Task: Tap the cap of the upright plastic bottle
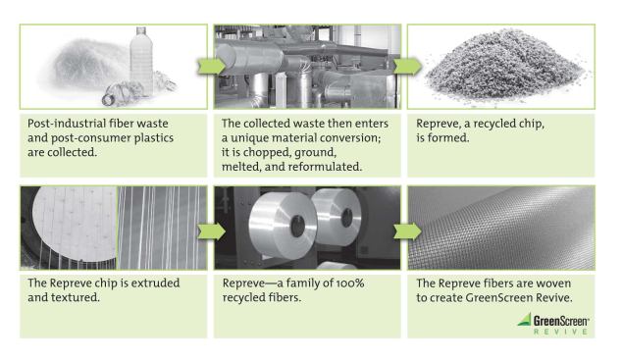click(141, 30)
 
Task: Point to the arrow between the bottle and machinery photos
click(212, 66)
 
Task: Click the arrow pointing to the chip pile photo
click(407, 66)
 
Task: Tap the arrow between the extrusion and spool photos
click(212, 231)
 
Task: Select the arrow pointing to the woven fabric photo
click(407, 231)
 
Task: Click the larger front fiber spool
click(283, 225)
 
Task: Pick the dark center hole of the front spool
click(297, 227)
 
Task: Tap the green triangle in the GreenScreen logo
click(525, 320)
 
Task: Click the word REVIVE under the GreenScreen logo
click(560, 332)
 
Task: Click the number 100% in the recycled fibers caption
click(350, 283)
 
